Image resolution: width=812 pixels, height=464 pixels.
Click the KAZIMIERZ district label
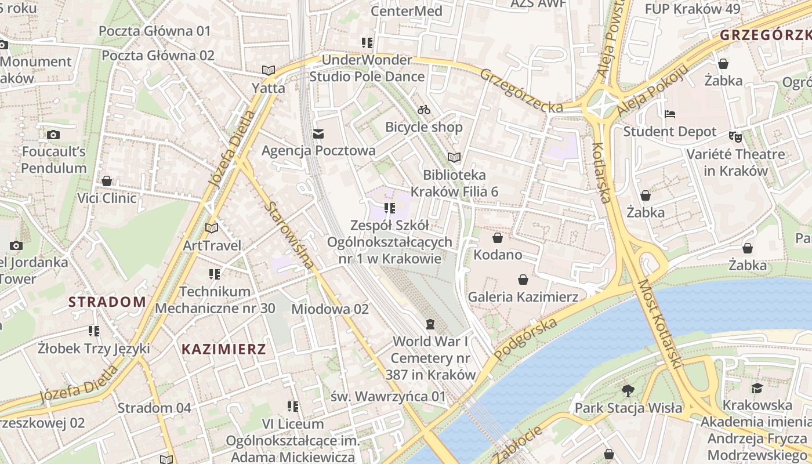(224, 349)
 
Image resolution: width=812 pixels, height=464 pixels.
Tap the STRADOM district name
(107, 302)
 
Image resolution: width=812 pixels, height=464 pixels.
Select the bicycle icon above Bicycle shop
(424, 110)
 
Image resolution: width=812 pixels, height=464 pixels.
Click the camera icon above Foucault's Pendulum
(53, 135)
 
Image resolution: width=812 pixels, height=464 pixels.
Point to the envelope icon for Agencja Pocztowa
(318, 134)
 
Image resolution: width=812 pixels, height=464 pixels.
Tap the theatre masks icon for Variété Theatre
(735, 137)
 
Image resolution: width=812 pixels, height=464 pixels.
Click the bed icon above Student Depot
(670, 114)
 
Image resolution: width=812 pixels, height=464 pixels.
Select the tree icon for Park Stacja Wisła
(628, 390)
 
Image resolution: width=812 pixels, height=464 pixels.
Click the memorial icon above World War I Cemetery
(430, 323)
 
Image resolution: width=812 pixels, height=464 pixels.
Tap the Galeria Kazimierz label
(523, 297)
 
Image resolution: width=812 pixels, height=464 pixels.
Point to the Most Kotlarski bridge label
(659, 325)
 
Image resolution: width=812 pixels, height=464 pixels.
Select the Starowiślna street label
(291, 235)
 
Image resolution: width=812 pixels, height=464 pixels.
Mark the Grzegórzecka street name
(521, 91)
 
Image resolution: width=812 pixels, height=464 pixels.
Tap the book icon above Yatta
(268, 71)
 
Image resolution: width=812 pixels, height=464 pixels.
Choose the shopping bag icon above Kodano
(497, 238)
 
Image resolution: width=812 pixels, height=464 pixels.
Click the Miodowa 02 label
(329, 309)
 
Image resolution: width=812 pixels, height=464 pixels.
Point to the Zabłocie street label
(519, 444)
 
